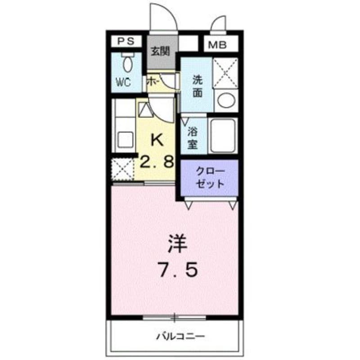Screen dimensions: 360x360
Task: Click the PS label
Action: pos(126,42)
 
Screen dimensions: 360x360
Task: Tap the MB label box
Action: pos(217,45)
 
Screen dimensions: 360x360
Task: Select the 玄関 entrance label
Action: pos(160,52)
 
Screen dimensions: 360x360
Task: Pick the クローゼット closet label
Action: pos(209,178)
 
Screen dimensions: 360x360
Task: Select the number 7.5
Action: pos(176,270)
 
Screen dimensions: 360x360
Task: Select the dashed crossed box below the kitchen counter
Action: pos(123,169)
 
